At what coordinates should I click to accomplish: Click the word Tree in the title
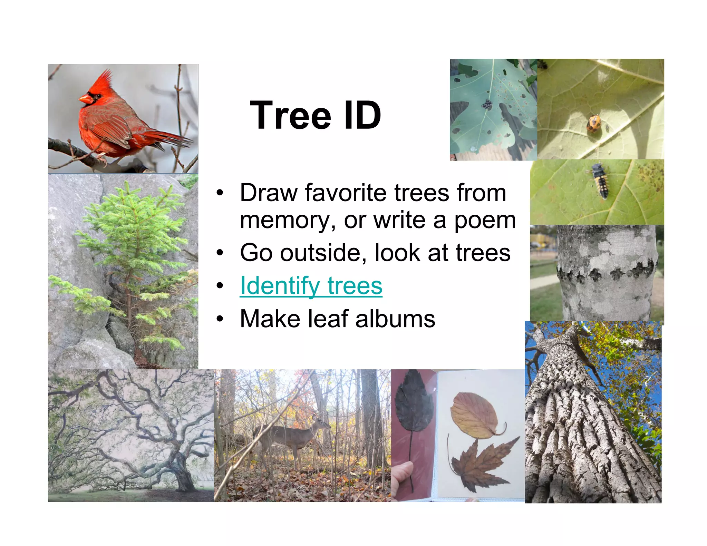click(x=290, y=115)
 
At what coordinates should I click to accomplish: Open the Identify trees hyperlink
click(x=311, y=286)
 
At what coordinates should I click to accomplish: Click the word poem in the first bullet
click(x=485, y=220)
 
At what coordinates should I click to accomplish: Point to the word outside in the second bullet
click(x=323, y=253)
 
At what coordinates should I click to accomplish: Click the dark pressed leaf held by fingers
click(x=414, y=402)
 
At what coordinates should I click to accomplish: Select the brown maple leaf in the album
click(x=480, y=464)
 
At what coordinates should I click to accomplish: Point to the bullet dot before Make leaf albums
click(x=220, y=319)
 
